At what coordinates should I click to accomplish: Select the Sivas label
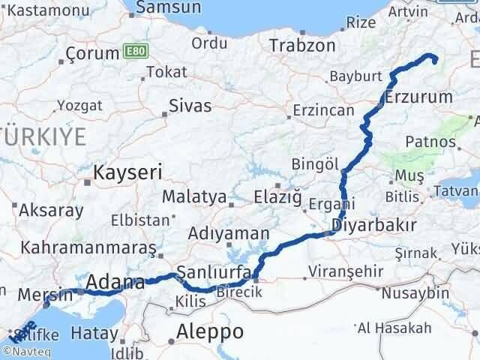(190, 105)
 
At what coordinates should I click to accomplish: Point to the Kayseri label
(127, 172)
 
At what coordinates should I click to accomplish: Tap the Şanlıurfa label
(211, 271)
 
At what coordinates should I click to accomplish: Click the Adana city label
(115, 283)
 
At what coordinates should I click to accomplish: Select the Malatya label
(194, 197)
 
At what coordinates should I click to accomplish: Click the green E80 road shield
(136, 52)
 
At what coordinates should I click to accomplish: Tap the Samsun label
(175, 7)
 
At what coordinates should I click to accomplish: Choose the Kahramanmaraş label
(88, 247)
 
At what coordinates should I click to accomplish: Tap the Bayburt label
(355, 76)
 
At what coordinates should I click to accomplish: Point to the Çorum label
(93, 53)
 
